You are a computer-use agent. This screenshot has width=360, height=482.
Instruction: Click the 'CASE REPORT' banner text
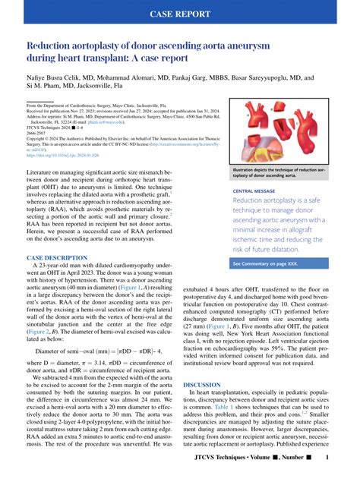[179, 14]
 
